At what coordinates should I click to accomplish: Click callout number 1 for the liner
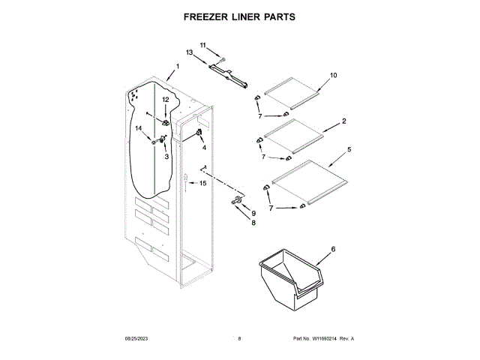click(x=177, y=67)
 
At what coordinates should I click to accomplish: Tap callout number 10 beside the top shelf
click(x=334, y=75)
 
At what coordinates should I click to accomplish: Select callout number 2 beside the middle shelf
click(x=343, y=121)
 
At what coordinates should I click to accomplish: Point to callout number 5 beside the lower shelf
click(x=349, y=150)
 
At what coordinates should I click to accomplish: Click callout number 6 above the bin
click(x=333, y=249)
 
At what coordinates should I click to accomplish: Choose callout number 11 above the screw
click(x=202, y=46)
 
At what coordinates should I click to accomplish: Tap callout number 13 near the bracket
click(x=190, y=52)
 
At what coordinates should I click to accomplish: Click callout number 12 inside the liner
click(x=166, y=100)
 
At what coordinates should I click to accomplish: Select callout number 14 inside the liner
click(x=139, y=128)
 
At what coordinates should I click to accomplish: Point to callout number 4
click(x=203, y=147)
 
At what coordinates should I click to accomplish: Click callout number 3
click(x=166, y=157)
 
